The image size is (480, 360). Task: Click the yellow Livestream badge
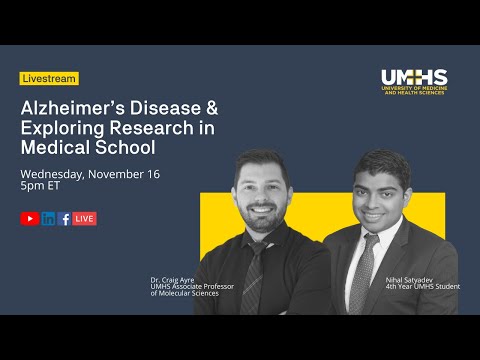pos(48,78)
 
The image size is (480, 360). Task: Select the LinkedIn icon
pos(48,218)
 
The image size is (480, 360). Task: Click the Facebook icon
pos(64,218)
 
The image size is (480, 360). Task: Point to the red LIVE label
pos(84,218)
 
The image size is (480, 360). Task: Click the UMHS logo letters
pos(414,77)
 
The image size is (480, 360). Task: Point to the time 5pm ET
pos(44,188)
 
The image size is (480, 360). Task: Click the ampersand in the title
pos(206,107)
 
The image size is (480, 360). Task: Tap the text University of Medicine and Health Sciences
pos(414,92)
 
